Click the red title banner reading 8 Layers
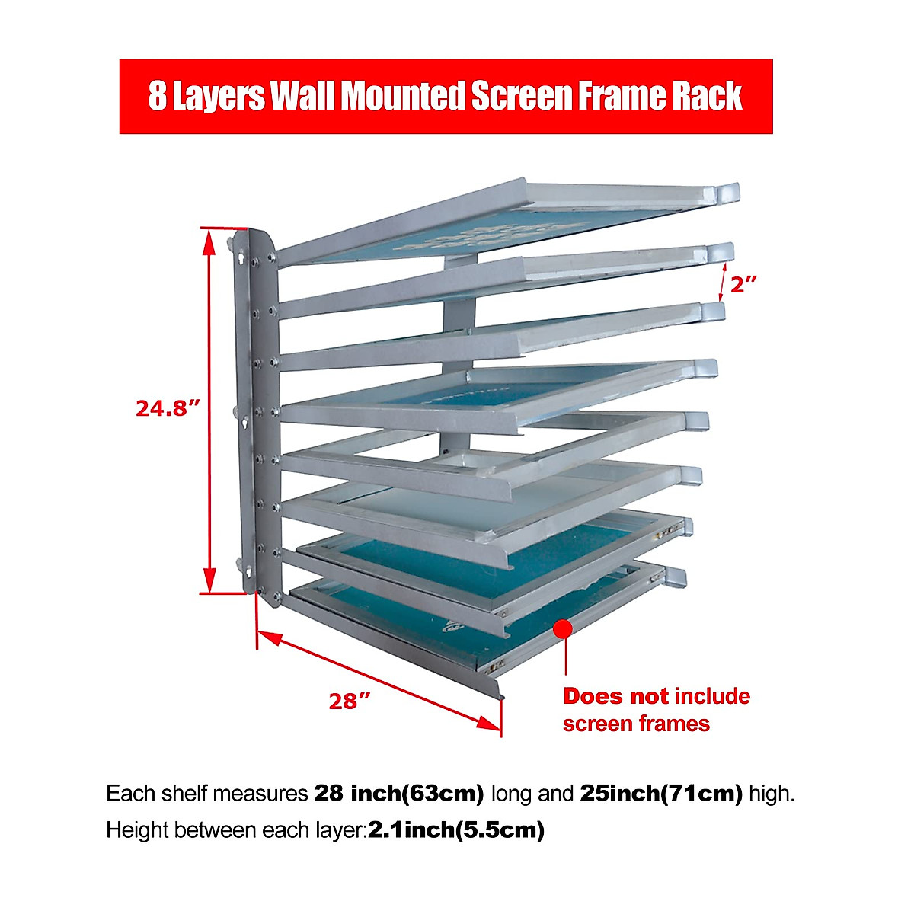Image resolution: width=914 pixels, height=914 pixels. coord(446,97)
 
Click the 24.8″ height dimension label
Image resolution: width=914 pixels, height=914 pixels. coord(168,408)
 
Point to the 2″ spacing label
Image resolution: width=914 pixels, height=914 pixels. coord(744,285)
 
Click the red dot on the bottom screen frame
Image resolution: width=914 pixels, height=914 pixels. coord(563,629)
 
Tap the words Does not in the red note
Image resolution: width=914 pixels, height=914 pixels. coord(615,696)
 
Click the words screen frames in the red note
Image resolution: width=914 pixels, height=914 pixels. coord(636,724)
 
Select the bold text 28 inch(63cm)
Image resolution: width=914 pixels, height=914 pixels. coord(399,794)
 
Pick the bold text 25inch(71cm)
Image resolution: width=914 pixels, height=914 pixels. coord(661,794)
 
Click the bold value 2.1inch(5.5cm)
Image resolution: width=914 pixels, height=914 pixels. coord(456,829)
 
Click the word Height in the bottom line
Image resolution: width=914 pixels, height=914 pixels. coord(138,829)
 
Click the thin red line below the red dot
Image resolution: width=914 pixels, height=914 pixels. coord(565,659)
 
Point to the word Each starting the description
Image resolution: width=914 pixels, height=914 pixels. coord(131,794)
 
